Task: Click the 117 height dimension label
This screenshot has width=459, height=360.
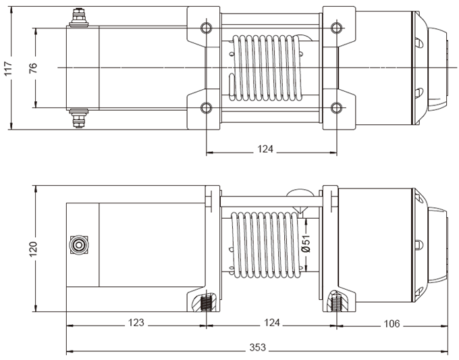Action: click(x=8, y=68)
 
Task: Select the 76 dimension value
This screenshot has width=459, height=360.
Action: click(x=33, y=68)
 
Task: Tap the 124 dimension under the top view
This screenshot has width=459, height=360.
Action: click(x=265, y=149)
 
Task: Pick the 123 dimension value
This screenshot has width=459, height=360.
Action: click(x=136, y=324)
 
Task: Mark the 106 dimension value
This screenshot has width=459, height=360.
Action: click(x=391, y=324)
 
